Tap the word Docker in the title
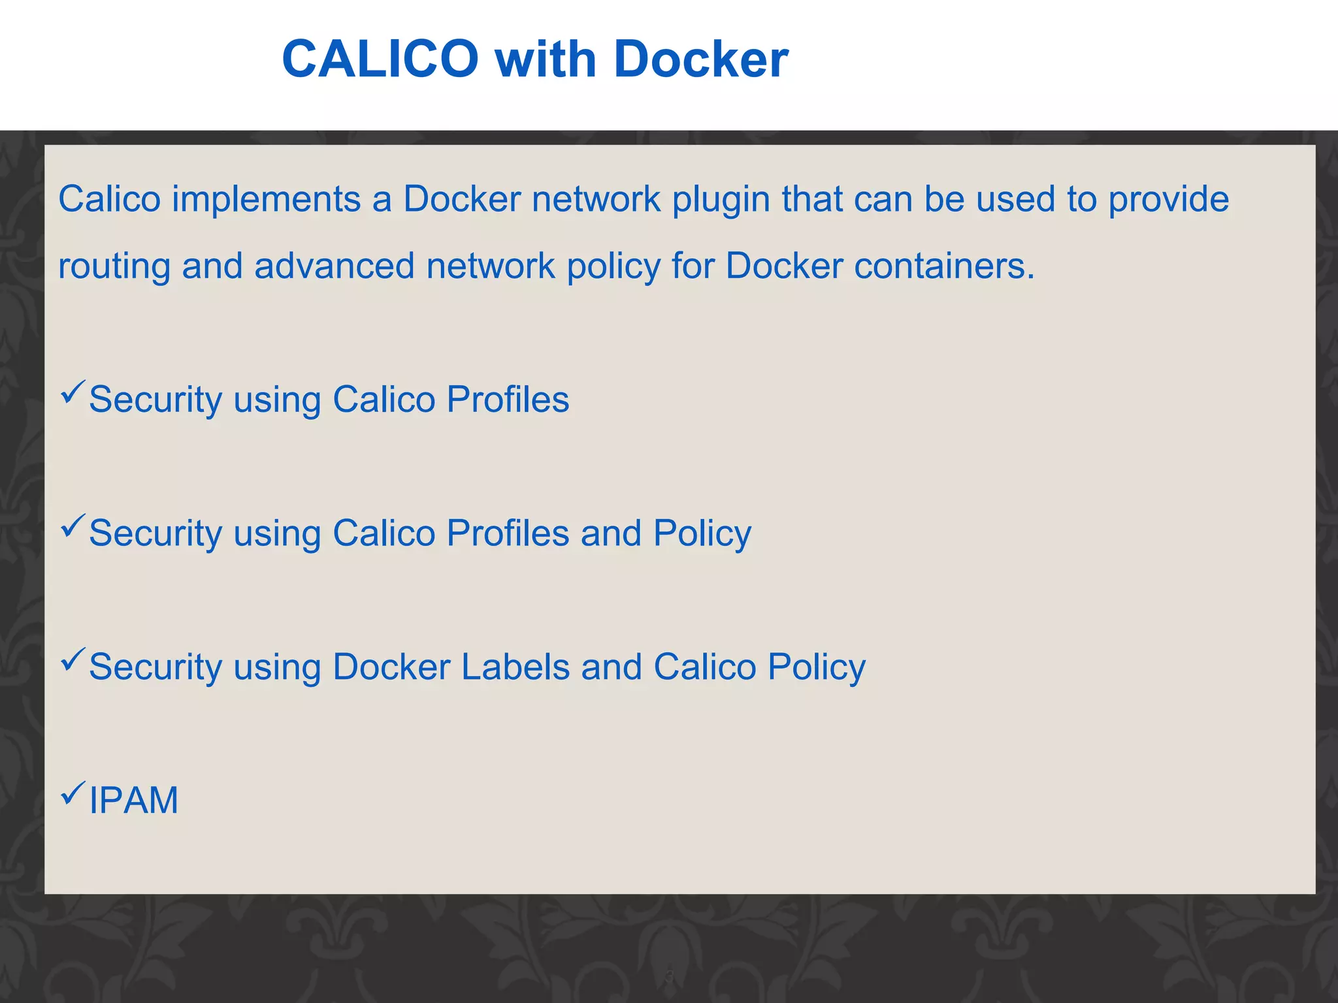[x=701, y=59]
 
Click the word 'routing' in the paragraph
[x=114, y=267]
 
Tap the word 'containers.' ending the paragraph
[x=945, y=266]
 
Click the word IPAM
[x=133, y=801]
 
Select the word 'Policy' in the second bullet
[x=702, y=533]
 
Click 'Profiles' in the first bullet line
[x=508, y=399]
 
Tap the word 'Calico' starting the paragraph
[x=109, y=199]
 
